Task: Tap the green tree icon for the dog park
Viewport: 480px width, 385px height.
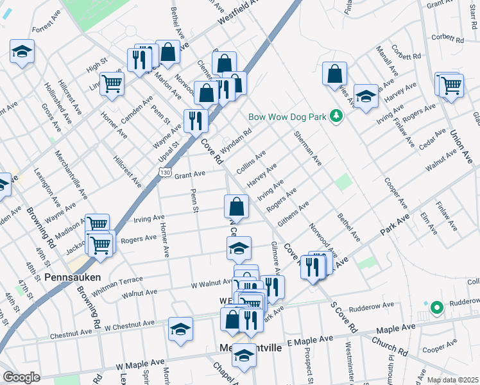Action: click(335, 116)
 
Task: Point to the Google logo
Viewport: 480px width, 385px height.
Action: click(21, 377)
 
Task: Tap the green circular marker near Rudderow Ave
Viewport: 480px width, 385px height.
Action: click(436, 309)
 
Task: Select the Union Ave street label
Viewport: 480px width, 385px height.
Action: click(458, 146)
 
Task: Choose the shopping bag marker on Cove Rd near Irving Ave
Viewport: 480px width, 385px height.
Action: click(236, 207)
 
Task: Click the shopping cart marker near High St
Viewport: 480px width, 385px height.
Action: click(112, 83)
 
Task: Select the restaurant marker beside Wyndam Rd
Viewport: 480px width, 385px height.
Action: click(196, 121)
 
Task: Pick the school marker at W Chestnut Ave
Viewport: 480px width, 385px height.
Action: click(180, 330)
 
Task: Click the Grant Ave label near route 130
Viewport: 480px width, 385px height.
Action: click(190, 174)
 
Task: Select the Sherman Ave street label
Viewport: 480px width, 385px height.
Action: click(307, 147)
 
